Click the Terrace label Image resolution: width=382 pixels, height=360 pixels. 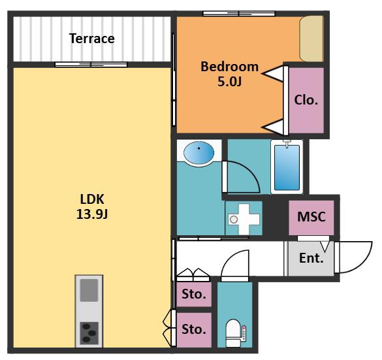(x=92, y=39)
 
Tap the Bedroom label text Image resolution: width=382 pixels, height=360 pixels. (x=229, y=67)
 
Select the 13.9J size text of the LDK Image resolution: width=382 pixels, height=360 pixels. (x=92, y=214)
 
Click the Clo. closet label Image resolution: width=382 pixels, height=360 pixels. (x=306, y=100)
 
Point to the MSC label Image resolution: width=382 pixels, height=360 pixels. (x=311, y=216)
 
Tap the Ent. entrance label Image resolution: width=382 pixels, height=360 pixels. (x=311, y=258)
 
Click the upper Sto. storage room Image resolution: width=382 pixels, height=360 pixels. (x=194, y=294)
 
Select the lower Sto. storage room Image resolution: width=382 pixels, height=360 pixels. (x=194, y=329)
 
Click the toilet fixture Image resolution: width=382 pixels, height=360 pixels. (x=233, y=333)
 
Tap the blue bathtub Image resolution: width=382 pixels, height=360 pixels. (x=287, y=167)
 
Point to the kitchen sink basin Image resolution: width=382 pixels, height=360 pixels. (x=89, y=290)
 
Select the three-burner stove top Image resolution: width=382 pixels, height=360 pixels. (x=89, y=333)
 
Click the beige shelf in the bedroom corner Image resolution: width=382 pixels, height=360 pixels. (x=311, y=39)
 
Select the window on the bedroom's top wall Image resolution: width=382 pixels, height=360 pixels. (x=239, y=14)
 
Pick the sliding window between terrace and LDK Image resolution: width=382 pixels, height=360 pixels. (x=91, y=65)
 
